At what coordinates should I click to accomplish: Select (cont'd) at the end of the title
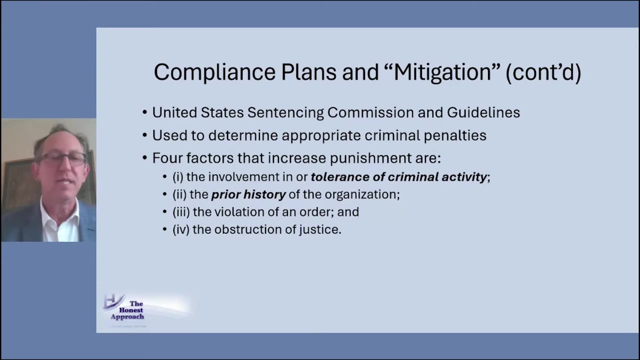tap(543, 72)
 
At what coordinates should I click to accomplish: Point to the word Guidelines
tap(483, 113)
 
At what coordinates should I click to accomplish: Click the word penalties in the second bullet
tap(455, 135)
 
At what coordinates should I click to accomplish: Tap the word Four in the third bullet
tap(167, 158)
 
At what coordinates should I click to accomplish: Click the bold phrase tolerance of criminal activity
tap(398, 177)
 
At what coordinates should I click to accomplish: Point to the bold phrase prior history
tap(248, 194)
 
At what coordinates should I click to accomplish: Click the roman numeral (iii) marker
tap(181, 212)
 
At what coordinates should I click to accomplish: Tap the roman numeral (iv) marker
tap(180, 229)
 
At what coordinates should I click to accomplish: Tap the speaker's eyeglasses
tap(62, 159)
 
